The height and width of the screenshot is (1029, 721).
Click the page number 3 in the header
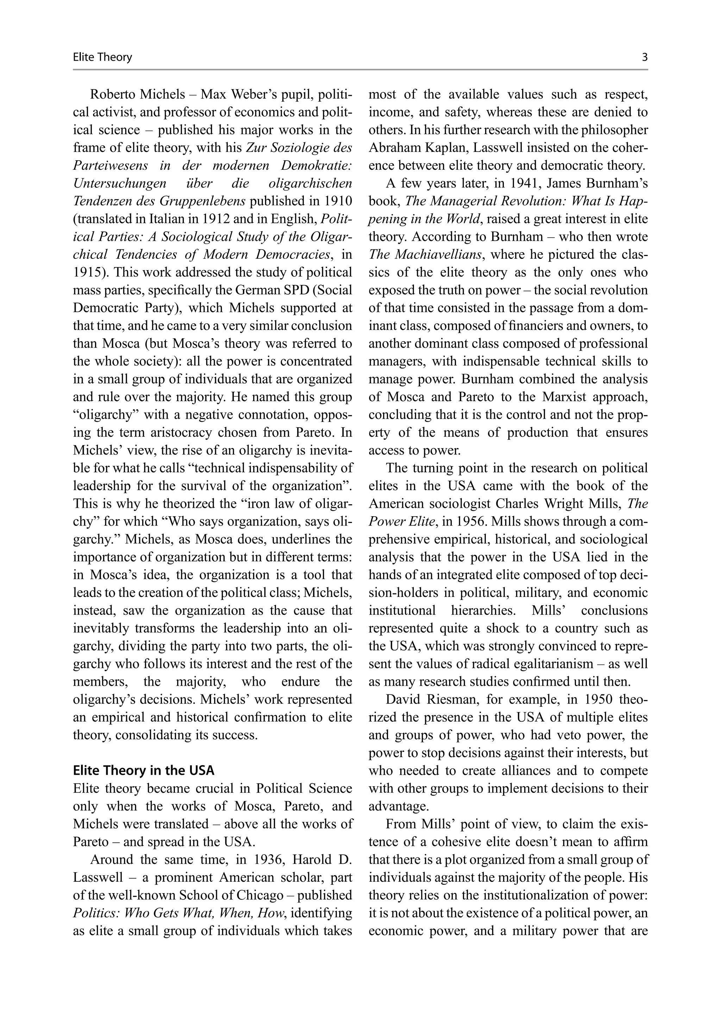[644, 57]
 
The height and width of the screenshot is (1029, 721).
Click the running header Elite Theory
[102, 57]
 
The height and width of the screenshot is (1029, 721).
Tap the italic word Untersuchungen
[119, 183]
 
